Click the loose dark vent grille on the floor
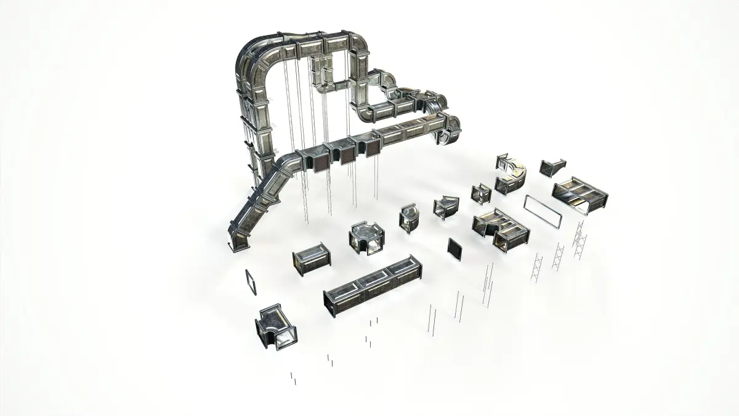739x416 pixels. pos(454,249)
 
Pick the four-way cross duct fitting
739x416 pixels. pos(367,239)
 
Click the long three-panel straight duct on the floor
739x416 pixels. pos(373,287)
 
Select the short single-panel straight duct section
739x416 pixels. pos(312,259)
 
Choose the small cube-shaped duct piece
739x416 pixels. pos(480,194)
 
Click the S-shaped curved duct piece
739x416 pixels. pos(512,175)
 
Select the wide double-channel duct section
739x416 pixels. pos(579,195)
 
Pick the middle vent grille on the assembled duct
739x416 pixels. pos(347,155)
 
